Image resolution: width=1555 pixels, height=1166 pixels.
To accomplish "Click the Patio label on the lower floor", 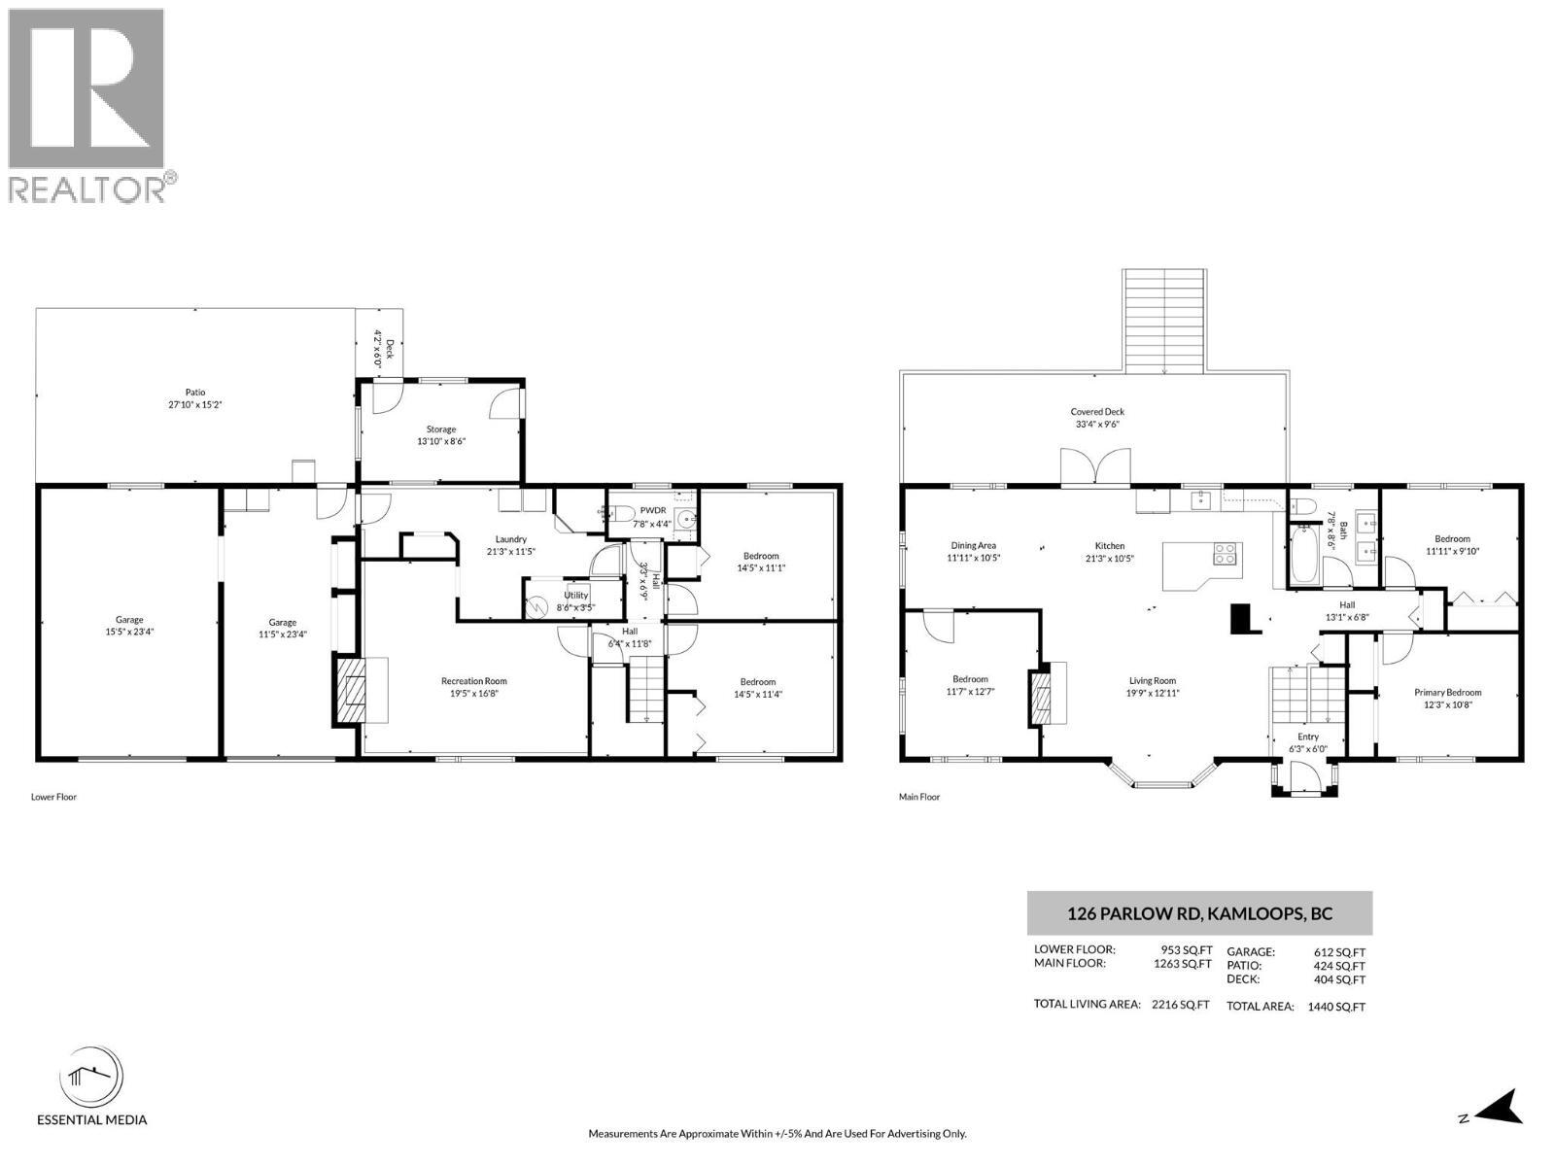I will point(194,393).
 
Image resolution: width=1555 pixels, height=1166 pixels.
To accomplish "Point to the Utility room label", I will point(575,595).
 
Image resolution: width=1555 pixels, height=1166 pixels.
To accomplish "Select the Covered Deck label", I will point(1097,412).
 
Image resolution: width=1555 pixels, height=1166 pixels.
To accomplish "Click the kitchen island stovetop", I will point(1225,555).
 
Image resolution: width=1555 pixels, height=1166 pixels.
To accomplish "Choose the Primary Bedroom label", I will point(1447,693).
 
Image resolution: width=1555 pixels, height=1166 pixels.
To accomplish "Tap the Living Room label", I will point(1152,681).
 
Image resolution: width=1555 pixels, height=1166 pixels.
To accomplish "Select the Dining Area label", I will point(973,545).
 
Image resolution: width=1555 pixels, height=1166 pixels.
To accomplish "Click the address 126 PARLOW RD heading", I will point(1199,913).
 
